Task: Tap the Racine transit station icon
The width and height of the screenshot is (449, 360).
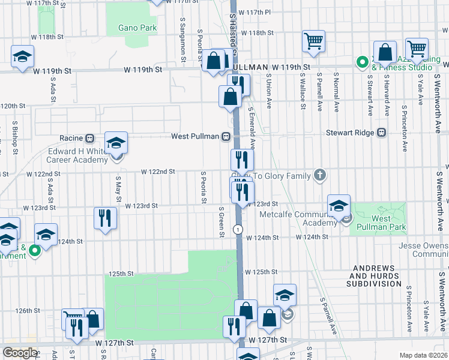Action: (x=89, y=137)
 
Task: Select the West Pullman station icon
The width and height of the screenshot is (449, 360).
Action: (x=226, y=137)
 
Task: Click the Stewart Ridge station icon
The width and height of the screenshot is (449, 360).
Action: (x=381, y=133)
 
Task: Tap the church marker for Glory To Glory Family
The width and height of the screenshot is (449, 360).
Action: (x=321, y=175)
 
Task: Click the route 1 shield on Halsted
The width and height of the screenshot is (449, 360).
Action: (x=239, y=230)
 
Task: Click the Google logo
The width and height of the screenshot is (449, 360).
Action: (x=20, y=353)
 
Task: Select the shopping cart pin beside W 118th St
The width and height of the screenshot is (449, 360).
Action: (x=313, y=41)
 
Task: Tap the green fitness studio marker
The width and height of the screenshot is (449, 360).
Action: (x=362, y=62)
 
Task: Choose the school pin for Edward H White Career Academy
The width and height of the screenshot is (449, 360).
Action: (x=116, y=143)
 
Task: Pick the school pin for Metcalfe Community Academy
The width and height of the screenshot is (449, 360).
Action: (x=339, y=205)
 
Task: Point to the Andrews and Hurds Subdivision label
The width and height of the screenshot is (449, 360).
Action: (x=376, y=275)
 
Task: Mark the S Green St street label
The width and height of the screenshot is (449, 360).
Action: (x=221, y=222)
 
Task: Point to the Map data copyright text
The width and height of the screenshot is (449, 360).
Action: (x=422, y=355)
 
